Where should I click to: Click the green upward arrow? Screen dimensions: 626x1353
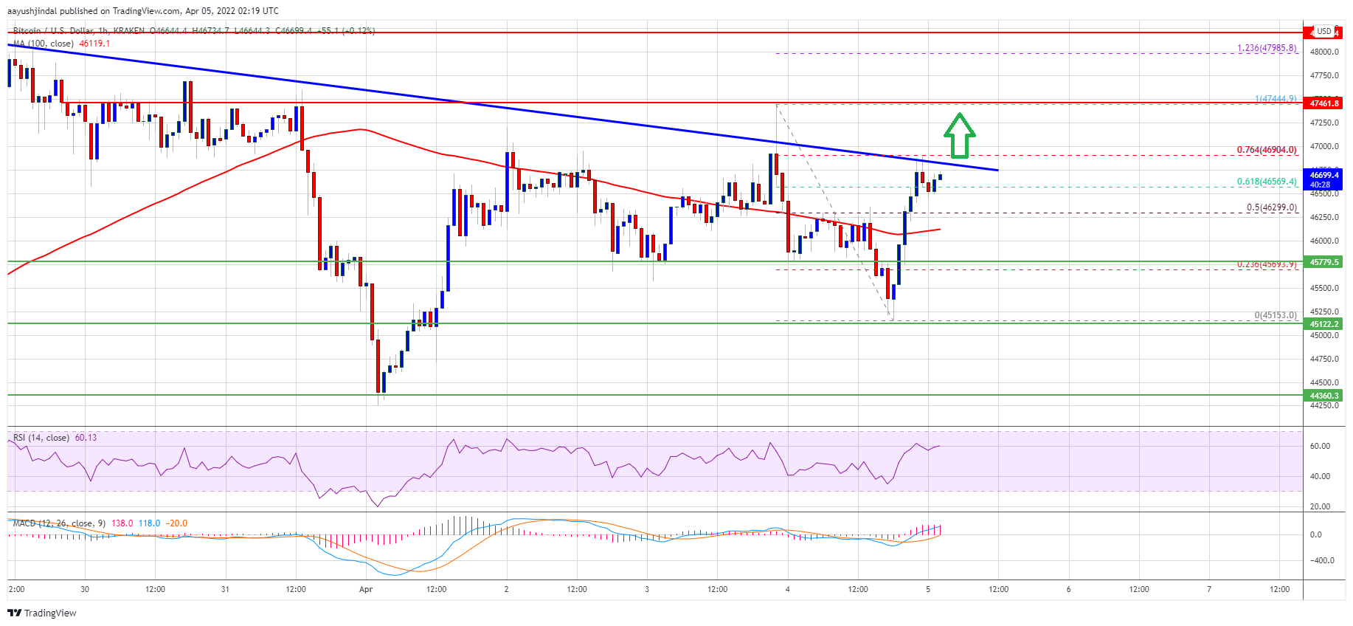coord(959,136)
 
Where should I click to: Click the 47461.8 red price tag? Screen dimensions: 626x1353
coord(1323,103)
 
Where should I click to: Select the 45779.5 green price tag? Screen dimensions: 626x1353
coord(1323,262)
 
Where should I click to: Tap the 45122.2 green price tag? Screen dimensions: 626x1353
coord(1323,324)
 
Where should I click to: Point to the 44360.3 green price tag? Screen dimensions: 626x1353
coord(1323,396)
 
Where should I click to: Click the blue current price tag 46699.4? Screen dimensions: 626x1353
coord(1323,179)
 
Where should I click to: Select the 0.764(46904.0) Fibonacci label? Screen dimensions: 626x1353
coord(1266,150)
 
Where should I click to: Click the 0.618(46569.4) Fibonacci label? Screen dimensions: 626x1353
coord(1266,182)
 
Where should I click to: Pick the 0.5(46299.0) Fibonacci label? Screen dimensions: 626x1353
coord(1271,207)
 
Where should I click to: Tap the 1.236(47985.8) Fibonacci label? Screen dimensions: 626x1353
coord(1266,49)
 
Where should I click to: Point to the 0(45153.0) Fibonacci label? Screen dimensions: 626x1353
coord(1275,315)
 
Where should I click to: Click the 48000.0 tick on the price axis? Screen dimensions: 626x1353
coord(1323,52)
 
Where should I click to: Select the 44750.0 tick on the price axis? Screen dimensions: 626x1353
coord(1323,359)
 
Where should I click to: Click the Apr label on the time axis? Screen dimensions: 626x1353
coord(366,589)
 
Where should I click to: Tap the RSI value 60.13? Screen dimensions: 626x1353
coord(86,438)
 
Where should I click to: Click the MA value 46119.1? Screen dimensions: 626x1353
coord(94,44)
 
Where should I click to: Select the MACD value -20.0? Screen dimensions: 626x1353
coord(176,523)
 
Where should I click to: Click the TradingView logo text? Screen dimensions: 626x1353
coord(49,613)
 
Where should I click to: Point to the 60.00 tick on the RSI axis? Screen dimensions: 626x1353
coord(1320,447)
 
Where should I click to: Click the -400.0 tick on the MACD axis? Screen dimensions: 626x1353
coord(1320,560)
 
